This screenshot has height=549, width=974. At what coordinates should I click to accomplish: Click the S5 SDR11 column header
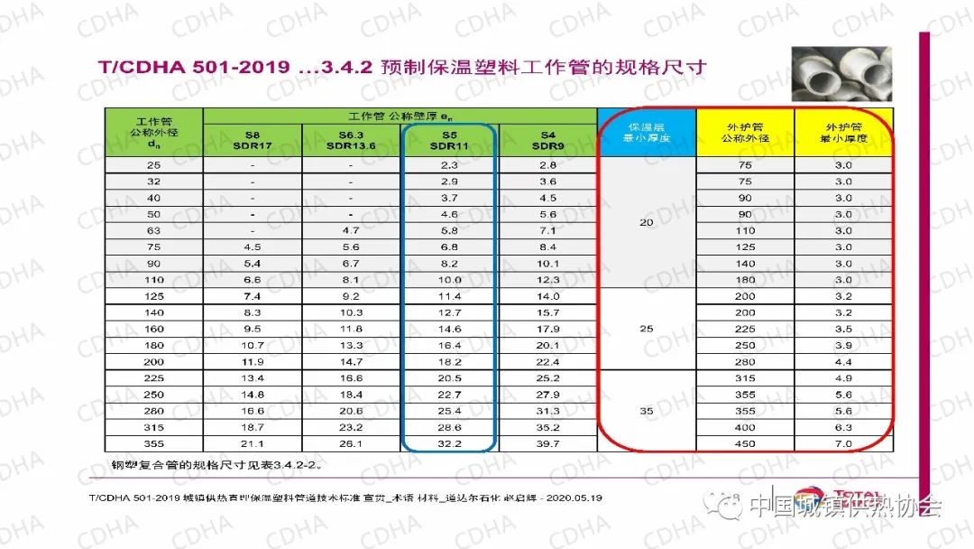tap(447, 141)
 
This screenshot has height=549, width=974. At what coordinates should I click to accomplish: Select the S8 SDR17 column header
tap(252, 141)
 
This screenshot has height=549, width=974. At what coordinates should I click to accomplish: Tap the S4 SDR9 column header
tap(547, 141)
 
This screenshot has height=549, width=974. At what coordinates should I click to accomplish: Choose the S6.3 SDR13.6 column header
tap(350, 141)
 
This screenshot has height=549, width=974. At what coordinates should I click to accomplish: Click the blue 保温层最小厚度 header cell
tap(647, 133)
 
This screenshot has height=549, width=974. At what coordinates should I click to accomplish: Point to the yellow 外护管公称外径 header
tap(745, 133)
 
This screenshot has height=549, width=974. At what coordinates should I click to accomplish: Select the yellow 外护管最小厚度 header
tap(843, 133)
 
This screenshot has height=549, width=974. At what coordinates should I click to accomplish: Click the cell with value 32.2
tap(449, 443)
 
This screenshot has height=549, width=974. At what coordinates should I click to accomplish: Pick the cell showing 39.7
tap(547, 443)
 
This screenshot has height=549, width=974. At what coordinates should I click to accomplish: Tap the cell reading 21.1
tap(252, 443)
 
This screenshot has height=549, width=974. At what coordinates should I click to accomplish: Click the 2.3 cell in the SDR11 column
tap(449, 165)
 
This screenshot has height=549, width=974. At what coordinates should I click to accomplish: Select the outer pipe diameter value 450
tap(745, 443)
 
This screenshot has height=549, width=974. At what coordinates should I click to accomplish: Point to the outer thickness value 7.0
tap(843, 443)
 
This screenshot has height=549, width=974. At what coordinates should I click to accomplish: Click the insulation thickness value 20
tap(647, 222)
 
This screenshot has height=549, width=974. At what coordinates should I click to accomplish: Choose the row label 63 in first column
tap(153, 231)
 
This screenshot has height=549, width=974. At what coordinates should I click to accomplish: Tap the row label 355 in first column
tap(153, 443)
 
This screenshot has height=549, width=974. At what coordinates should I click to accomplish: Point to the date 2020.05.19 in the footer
tap(566, 498)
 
